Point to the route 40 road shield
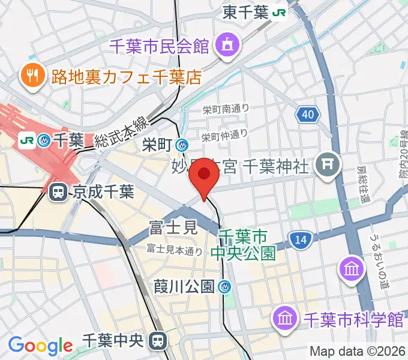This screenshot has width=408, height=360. point(307,114)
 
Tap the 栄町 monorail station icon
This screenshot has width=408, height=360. point(181,144)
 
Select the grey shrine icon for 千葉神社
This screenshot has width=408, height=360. point(328,162)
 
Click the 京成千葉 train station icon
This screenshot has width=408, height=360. point(58,192)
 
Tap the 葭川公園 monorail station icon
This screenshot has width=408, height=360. point(225,287)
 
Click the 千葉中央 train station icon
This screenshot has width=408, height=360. point(158,341)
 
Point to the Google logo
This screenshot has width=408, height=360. point(40,345)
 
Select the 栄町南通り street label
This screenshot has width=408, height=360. point(225,109)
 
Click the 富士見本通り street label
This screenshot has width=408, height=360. point(174,251)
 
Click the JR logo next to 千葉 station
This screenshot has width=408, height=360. point(27,140)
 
